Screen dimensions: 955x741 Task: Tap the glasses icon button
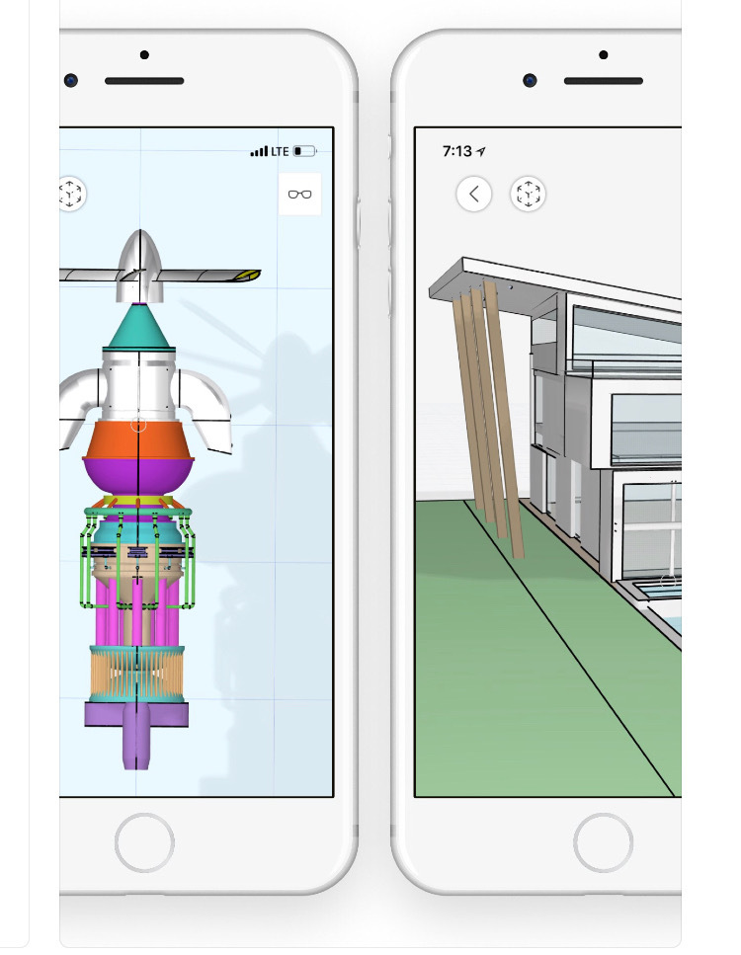click(x=299, y=195)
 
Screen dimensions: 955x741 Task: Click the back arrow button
click(x=474, y=194)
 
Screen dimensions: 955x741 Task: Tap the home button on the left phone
click(x=144, y=842)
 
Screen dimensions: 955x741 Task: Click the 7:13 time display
click(x=456, y=151)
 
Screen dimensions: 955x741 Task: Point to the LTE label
click(x=281, y=151)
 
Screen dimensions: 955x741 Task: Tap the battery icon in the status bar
click(x=305, y=151)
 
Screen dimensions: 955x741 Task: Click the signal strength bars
click(x=259, y=151)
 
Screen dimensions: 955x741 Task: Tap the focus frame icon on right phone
click(x=529, y=194)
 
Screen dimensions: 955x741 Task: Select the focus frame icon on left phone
click(x=71, y=194)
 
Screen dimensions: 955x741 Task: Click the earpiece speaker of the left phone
click(x=144, y=81)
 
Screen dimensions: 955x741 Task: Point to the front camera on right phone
click(x=531, y=80)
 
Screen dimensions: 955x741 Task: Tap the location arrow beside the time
click(x=481, y=151)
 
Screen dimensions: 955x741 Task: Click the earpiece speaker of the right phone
click(x=603, y=81)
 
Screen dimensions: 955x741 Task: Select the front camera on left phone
click(x=71, y=80)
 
